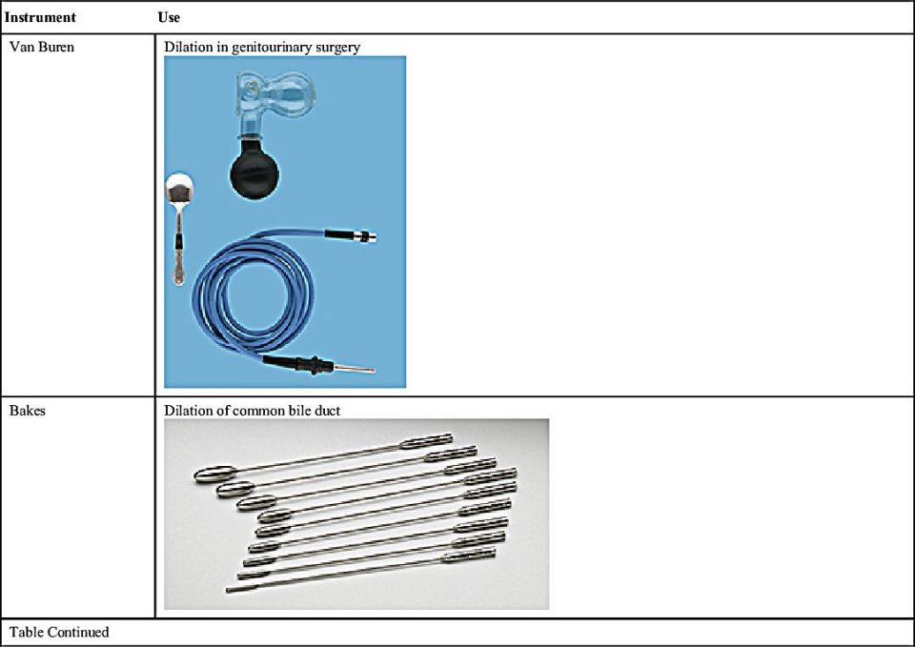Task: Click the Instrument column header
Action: tap(40, 17)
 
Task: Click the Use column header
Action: tap(169, 17)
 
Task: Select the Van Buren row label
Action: tap(42, 47)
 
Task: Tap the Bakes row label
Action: tap(28, 410)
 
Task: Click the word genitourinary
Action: tap(272, 48)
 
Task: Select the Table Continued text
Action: tap(59, 632)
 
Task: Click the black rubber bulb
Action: tap(254, 172)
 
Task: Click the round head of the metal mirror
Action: tap(179, 188)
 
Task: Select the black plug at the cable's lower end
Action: tap(297, 364)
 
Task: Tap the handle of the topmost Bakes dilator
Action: tap(426, 441)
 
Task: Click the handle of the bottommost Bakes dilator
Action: tap(469, 555)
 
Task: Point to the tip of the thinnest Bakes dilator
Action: tap(228, 591)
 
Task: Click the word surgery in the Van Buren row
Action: tap(337, 48)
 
